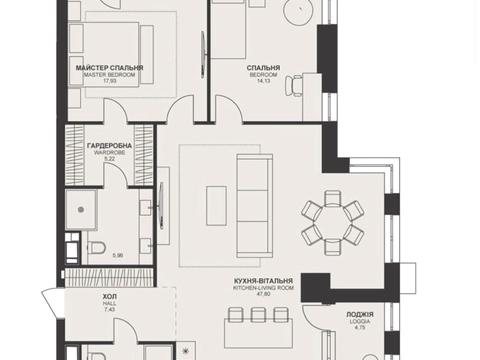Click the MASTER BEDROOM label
[x=109, y=75]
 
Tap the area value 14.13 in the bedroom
[x=263, y=80]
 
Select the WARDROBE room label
[x=109, y=153]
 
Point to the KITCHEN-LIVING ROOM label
[x=263, y=288]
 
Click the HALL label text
[x=109, y=303]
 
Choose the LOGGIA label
[x=360, y=321]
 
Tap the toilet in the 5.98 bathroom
[x=96, y=248]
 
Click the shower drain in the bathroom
[x=81, y=210]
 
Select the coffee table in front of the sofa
[x=216, y=206]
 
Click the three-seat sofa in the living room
[x=254, y=206]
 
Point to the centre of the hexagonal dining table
[x=332, y=223]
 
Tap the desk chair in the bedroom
[x=293, y=86]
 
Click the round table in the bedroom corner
[x=298, y=11]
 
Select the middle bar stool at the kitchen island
[x=258, y=315]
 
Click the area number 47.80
[x=263, y=294]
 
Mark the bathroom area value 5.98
[x=118, y=256]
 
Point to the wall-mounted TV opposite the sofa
[x=162, y=206]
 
